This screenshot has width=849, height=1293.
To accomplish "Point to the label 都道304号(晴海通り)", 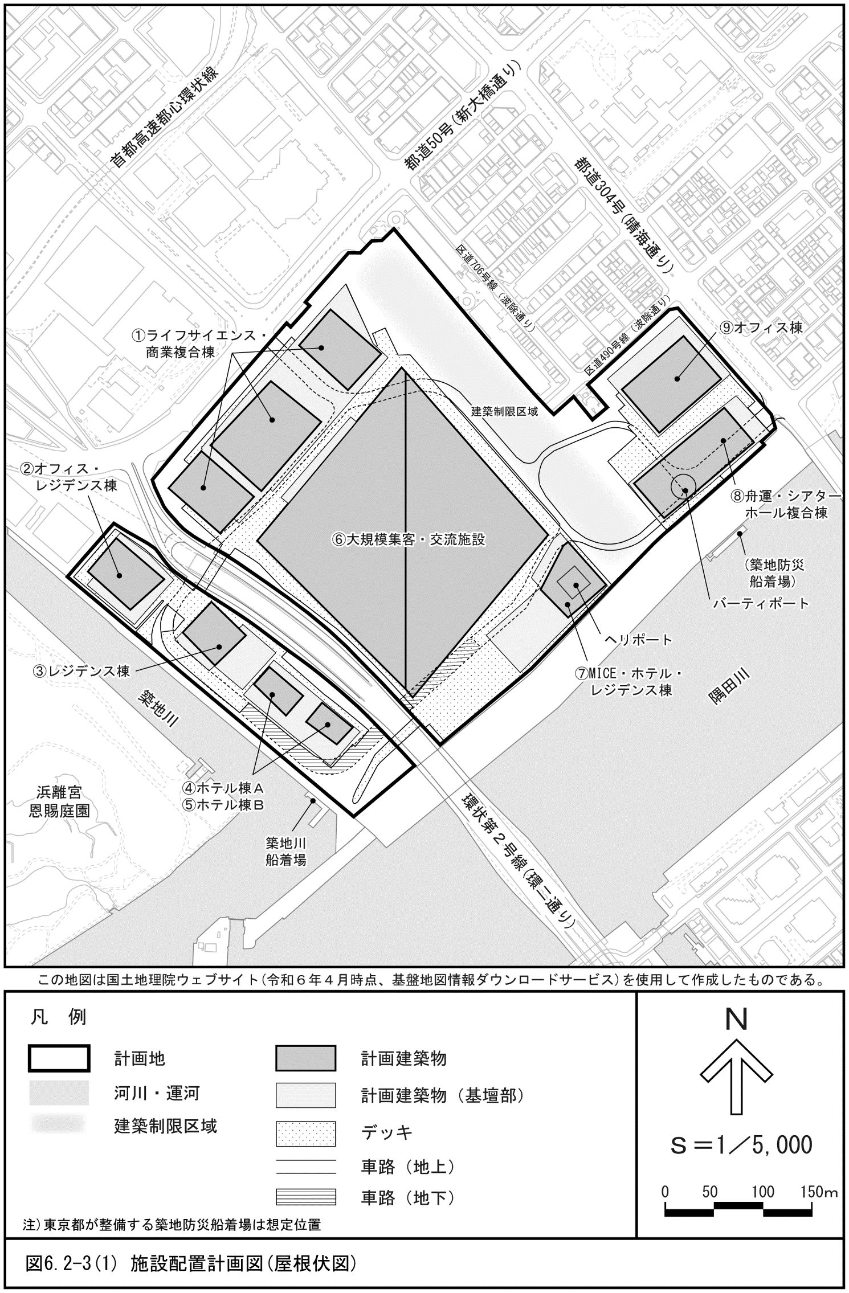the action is (x=625, y=217).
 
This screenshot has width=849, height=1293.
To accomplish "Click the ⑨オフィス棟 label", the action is (x=760, y=328).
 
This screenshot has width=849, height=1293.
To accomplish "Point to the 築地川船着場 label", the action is (x=286, y=851).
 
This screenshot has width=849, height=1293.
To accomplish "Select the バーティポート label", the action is (x=761, y=603).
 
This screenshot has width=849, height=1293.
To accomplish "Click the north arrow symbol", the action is (x=736, y=1076).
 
